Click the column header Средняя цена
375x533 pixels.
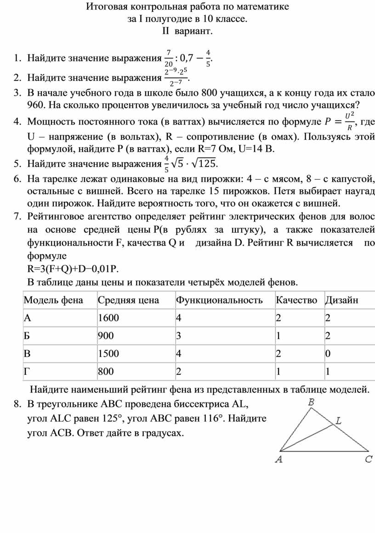tap(128, 300)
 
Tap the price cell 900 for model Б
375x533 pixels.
tap(105, 336)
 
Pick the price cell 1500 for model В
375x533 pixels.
tap(108, 354)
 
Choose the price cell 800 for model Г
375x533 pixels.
tap(105, 371)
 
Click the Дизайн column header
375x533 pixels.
tap(341, 300)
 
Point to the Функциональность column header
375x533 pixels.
tap(219, 300)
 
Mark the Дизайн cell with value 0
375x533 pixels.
tap(328, 354)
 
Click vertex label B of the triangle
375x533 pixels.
tap(311, 402)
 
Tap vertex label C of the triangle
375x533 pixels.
tap(369, 459)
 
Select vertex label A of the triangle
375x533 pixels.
tap(278, 459)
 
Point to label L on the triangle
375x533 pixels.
tap(338, 421)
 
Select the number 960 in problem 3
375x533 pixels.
tap(36, 105)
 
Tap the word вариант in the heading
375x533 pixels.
tap(194, 31)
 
